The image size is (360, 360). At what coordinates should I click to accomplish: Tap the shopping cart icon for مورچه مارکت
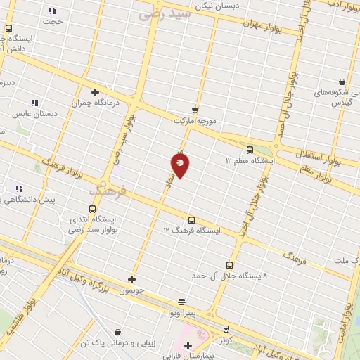pos(195,110)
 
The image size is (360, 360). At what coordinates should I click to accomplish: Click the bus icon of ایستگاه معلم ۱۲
pos(250,149)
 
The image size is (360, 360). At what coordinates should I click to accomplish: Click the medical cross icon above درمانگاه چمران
pos(95,91)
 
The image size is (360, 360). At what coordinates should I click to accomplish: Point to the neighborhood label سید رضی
pos(165,13)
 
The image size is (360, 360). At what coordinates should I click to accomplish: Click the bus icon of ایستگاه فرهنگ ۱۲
pos(192,219)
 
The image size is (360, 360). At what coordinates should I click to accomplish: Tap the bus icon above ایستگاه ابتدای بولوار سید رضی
pos(92,209)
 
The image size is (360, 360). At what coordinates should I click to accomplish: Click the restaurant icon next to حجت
pos(52,11)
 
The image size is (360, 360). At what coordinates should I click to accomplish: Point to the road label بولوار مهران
pos(262,23)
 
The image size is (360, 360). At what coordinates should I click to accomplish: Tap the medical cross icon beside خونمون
pos(131,278)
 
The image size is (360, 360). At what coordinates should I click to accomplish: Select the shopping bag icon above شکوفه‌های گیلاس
pos(342,82)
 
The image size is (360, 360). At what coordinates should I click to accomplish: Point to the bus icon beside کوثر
pos(226,328)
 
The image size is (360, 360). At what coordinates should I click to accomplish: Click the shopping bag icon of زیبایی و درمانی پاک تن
pos(117,332)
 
